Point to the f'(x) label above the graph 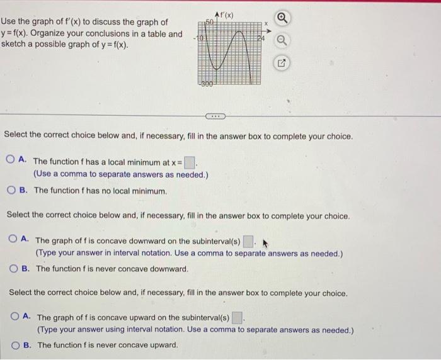pos(224,14)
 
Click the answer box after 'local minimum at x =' pos(190,162)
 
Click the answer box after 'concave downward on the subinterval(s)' pos(248,240)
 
